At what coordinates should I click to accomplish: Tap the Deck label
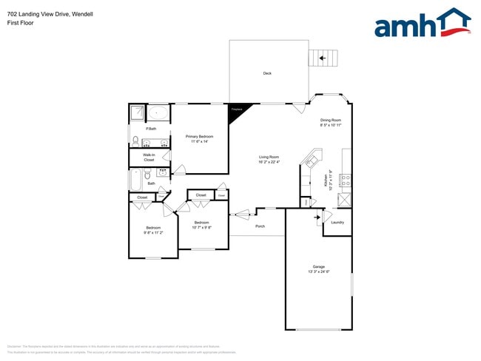(x=267, y=73)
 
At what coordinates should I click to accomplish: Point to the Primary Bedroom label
(x=200, y=136)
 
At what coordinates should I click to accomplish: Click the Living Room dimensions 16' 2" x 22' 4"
(x=269, y=162)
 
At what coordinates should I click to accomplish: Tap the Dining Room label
(x=331, y=120)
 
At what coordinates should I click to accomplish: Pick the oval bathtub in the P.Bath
(x=158, y=114)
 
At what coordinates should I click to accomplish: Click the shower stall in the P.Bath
(x=138, y=113)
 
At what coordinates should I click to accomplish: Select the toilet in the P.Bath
(x=135, y=141)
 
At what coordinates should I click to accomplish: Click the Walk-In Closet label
(x=149, y=157)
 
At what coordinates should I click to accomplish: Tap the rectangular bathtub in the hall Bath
(x=135, y=180)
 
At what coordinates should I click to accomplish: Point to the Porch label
(x=260, y=226)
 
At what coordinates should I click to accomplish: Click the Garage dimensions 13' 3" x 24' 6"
(x=318, y=271)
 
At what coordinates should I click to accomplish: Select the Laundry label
(x=337, y=222)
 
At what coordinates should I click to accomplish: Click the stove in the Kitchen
(x=346, y=179)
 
